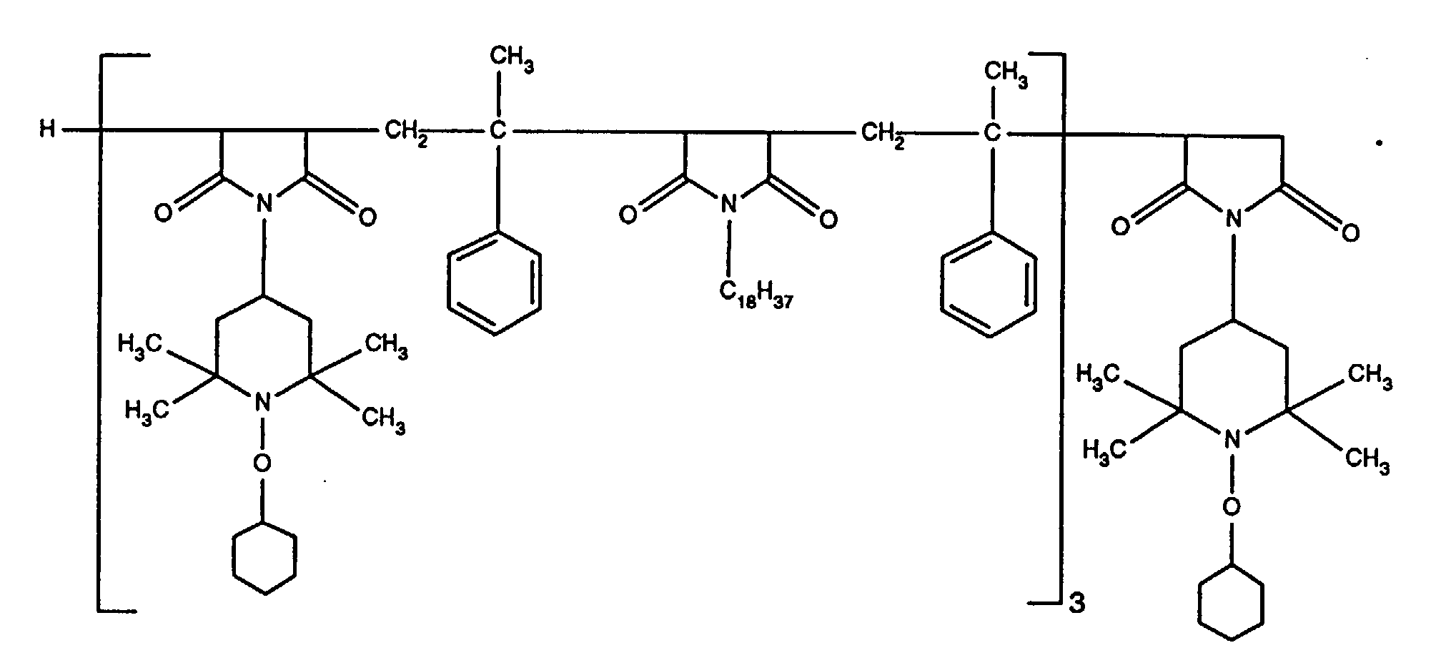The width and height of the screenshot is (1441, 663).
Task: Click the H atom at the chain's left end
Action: pos(47,131)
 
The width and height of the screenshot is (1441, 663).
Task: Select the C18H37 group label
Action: pos(756,293)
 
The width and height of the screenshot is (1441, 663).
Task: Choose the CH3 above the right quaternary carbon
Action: pos(1006,73)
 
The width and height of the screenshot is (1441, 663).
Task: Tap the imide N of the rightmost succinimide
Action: pos(1231,218)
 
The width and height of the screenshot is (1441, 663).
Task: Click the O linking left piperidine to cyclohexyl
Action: pos(263,463)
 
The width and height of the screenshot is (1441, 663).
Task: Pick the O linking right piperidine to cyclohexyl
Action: pos(1230,507)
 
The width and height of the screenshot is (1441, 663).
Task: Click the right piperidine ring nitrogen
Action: pos(1230,438)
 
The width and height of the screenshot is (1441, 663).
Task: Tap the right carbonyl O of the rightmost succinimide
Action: pos(1350,232)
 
